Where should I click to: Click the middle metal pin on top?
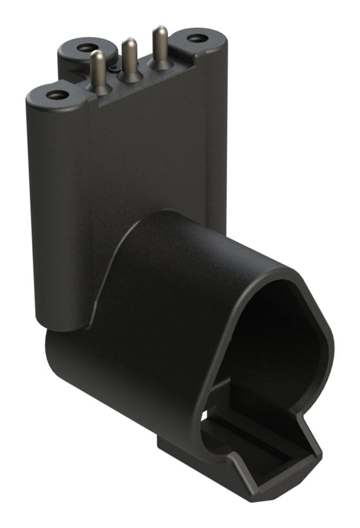pyautogui.click(x=128, y=55)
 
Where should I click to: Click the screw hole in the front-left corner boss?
pyautogui.click(x=57, y=95)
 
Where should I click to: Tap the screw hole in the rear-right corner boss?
pyautogui.click(x=197, y=39)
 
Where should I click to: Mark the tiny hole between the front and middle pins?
pyautogui.click(x=113, y=69)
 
